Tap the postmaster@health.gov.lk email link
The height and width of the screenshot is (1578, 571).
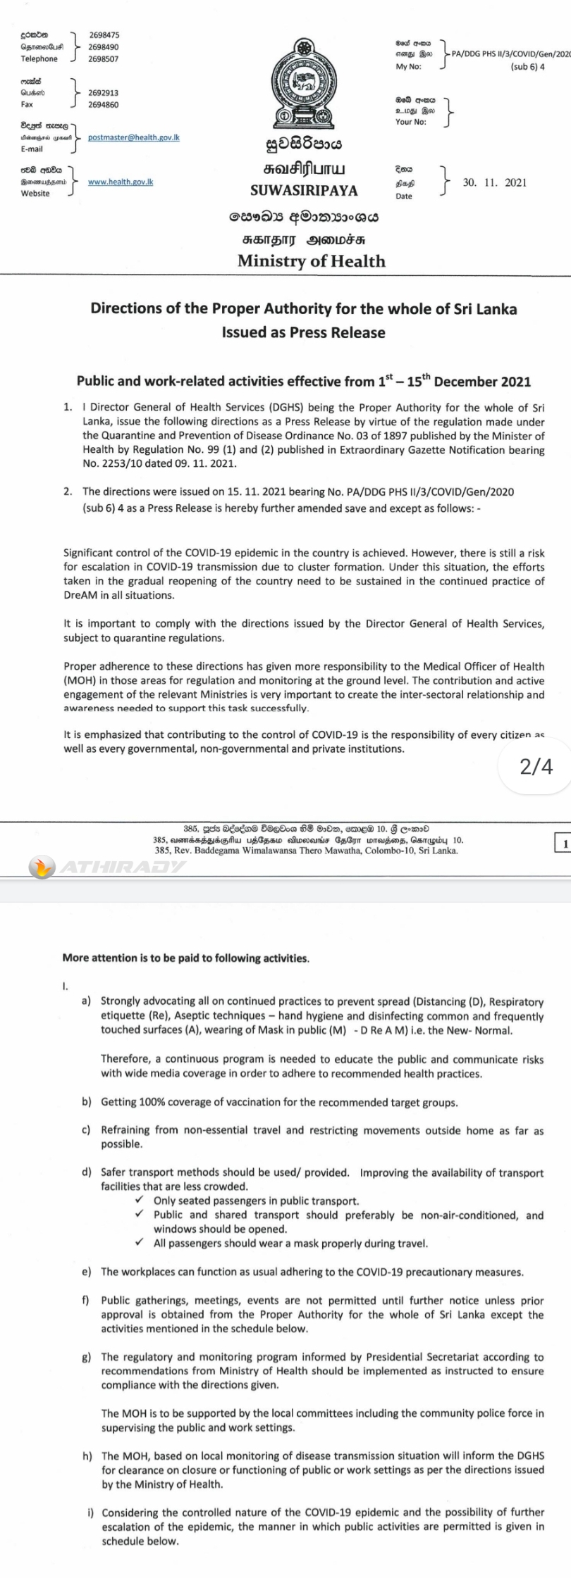(x=133, y=137)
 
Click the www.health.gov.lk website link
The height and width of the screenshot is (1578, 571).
(x=121, y=182)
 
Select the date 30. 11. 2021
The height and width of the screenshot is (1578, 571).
(x=494, y=182)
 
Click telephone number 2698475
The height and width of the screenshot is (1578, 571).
(x=104, y=35)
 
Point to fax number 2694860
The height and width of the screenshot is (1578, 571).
(x=104, y=104)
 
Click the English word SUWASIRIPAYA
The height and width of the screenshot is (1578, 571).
(x=304, y=191)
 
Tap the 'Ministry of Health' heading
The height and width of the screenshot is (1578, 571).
(x=311, y=261)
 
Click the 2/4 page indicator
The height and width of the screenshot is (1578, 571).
(x=536, y=767)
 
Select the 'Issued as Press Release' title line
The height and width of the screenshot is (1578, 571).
(x=303, y=332)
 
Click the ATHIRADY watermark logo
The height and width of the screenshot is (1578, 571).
(x=106, y=867)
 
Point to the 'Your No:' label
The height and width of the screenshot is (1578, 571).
(x=411, y=122)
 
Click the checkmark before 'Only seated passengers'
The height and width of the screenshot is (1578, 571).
(x=140, y=1200)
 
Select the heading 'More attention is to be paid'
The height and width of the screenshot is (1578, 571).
(x=185, y=958)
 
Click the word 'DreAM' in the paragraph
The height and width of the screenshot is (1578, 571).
(x=79, y=595)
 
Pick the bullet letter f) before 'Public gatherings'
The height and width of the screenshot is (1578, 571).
(x=87, y=1300)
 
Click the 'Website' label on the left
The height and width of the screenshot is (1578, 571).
(x=35, y=194)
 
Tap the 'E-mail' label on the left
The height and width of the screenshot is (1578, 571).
(x=32, y=149)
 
